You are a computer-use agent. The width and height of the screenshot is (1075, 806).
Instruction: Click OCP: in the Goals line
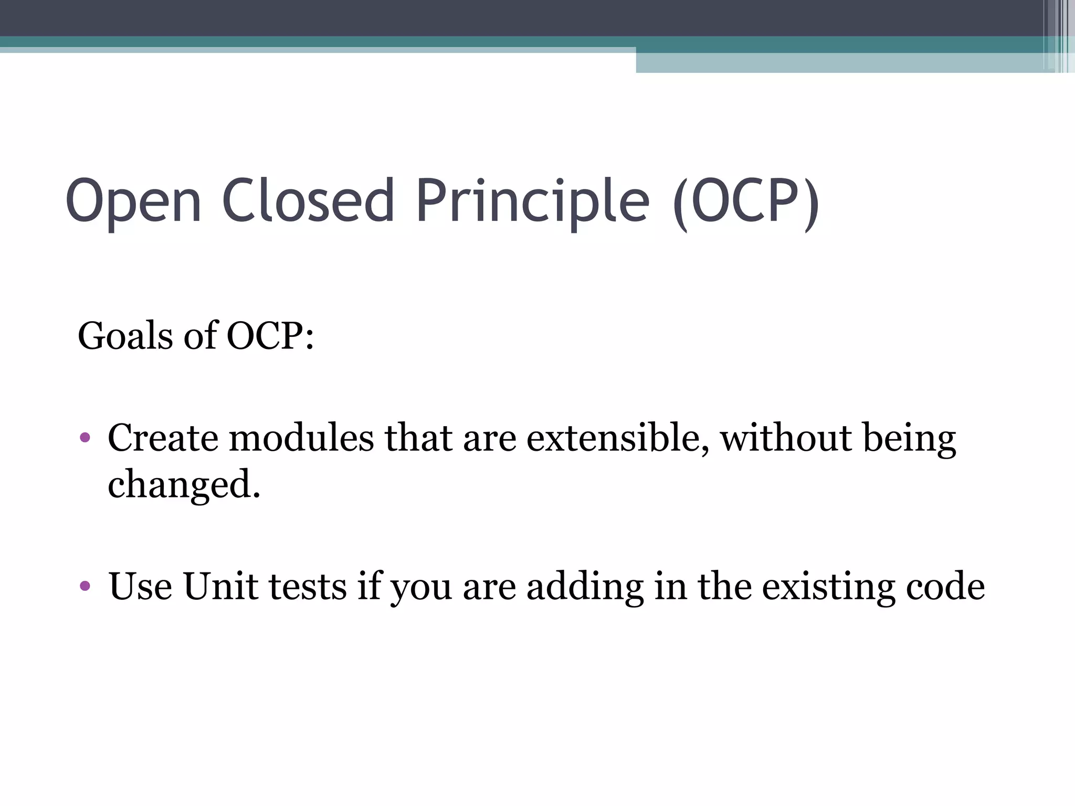click(x=270, y=336)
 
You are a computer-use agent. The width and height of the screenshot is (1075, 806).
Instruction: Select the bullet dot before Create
click(x=85, y=437)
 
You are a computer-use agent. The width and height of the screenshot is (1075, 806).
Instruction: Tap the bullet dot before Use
click(x=85, y=585)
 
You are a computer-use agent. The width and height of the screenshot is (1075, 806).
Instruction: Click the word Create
click(x=163, y=438)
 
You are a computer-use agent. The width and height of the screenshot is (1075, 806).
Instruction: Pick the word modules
click(x=301, y=438)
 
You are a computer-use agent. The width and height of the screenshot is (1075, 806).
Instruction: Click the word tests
click(x=308, y=587)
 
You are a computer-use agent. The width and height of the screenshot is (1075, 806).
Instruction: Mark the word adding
click(x=585, y=587)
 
